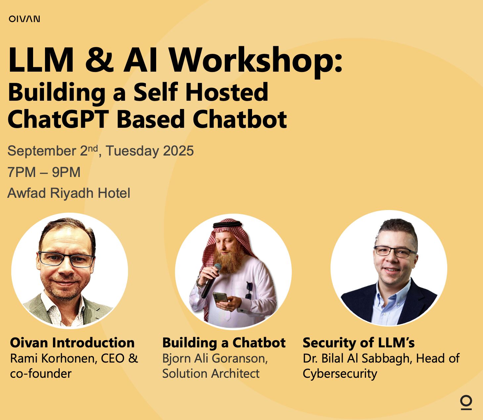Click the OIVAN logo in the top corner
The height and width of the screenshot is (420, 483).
pyautogui.click(x=24, y=19)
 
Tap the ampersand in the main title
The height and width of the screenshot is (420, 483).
pyautogui.click(x=99, y=60)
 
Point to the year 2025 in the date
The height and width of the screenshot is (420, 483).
pyautogui.click(x=178, y=151)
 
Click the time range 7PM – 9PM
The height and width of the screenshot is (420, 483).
pyautogui.click(x=44, y=172)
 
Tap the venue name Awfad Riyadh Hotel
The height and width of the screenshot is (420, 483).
pyautogui.click(x=69, y=193)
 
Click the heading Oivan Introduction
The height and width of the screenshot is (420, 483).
pyautogui.click(x=72, y=343)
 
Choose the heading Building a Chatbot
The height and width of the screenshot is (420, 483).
pyautogui.click(x=224, y=343)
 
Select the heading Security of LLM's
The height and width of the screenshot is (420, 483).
pyautogui.click(x=359, y=343)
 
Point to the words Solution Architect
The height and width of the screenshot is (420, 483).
pyautogui.click(x=211, y=373)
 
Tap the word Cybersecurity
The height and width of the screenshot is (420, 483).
pyautogui.click(x=340, y=373)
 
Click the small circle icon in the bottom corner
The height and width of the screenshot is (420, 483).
pyautogui.click(x=466, y=402)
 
